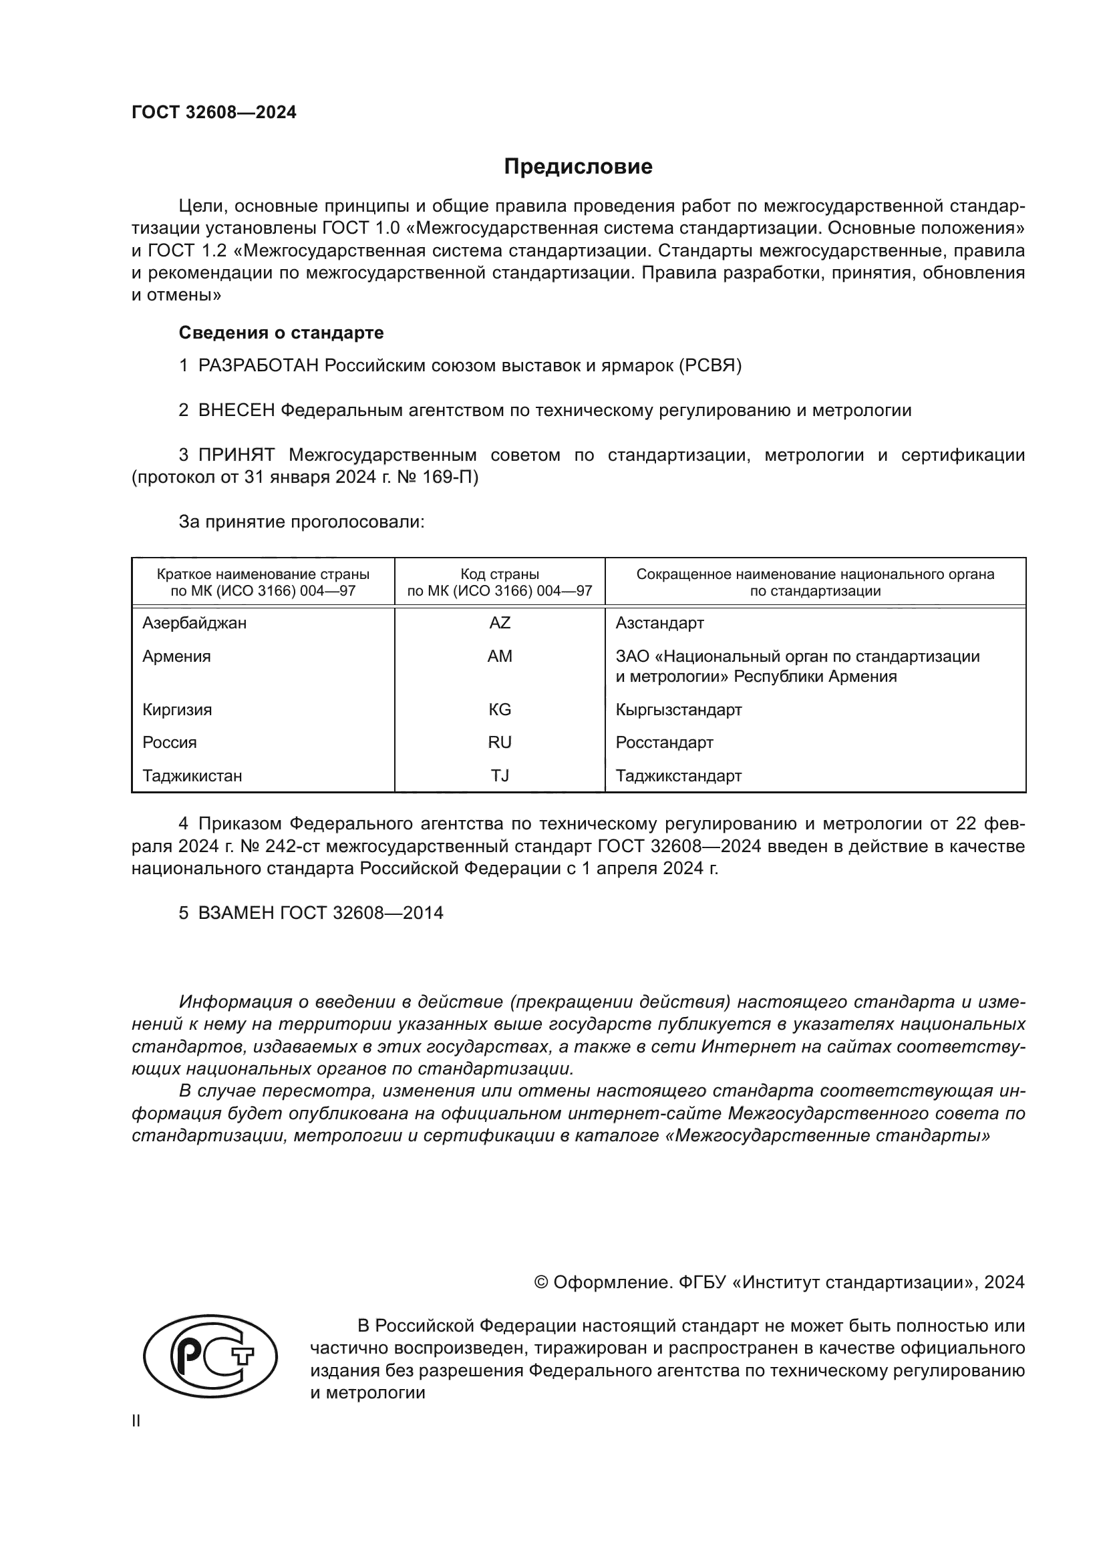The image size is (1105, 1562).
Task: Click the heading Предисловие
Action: [x=578, y=167]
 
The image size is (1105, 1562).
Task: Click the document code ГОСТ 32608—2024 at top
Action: [x=214, y=112]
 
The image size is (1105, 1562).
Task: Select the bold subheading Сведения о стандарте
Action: [x=281, y=333]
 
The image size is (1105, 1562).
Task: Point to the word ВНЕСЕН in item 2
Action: [x=236, y=410]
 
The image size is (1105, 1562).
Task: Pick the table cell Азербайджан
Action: [x=194, y=623]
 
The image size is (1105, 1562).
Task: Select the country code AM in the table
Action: [x=500, y=656]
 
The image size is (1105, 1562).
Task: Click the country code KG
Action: [x=500, y=710]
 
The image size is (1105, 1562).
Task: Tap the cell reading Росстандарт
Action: [x=664, y=742]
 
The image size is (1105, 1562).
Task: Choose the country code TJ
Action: [x=500, y=775]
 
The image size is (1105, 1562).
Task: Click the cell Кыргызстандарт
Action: [x=678, y=710]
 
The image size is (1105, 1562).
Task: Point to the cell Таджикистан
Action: [x=192, y=775]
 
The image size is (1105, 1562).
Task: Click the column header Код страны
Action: [x=500, y=574]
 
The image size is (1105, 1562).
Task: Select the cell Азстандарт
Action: [x=659, y=623]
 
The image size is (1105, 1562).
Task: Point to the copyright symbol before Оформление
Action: [x=542, y=1282]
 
